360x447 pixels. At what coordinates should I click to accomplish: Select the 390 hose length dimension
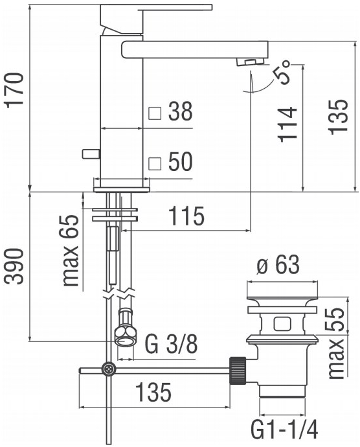point(15,266)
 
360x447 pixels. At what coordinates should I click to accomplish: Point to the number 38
point(179,112)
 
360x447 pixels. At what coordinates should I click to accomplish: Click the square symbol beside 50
point(154,163)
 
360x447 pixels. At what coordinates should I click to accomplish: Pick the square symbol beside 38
point(154,113)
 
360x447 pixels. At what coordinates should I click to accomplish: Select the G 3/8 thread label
point(171,345)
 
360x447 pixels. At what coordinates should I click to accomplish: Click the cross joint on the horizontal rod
point(108,370)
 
